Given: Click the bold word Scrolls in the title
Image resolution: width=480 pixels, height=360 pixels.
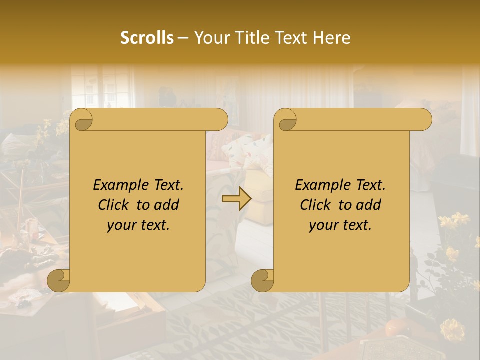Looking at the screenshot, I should pos(147,38).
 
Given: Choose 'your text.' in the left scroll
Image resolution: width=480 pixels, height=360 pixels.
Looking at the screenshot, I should pos(138,225).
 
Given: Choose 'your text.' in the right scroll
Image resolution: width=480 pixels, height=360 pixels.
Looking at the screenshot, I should pos(340,225).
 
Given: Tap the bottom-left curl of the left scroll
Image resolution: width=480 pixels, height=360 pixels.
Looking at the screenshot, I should pos(59,281).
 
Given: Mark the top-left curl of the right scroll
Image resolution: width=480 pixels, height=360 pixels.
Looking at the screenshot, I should pos(286,120).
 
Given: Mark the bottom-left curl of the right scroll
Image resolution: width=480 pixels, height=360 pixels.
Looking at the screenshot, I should pos(263,281).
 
